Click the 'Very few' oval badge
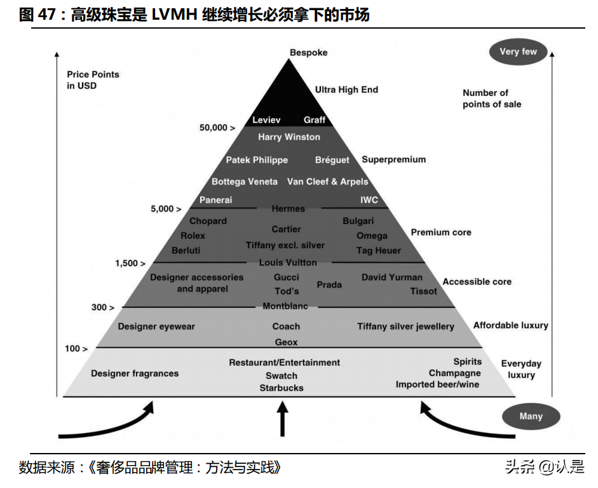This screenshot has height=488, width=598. (x=518, y=52)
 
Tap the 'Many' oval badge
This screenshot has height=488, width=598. (x=531, y=416)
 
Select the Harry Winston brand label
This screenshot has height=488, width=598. (x=289, y=137)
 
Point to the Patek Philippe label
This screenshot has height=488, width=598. (x=257, y=160)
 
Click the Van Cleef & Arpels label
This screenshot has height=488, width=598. (x=327, y=181)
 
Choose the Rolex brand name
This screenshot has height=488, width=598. (x=193, y=235)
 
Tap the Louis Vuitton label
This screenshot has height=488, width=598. (x=288, y=262)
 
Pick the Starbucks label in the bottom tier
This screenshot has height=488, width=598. (x=282, y=387)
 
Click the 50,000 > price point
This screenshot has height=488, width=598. (x=217, y=127)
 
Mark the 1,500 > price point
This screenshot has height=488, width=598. (x=130, y=263)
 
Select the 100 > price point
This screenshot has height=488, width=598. (x=76, y=348)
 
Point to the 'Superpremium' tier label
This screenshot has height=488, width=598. (x=393, y=159)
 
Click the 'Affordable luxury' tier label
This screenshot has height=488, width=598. (x=510, y=325)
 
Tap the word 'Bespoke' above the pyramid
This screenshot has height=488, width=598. (x=308, y=52)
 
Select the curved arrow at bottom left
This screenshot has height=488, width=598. (x=108, y=426)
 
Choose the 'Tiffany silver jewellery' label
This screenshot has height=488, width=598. (x=405, y=326)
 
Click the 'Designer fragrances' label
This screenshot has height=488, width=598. (x=135, y=373)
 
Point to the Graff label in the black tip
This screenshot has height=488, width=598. (x=315, y=120)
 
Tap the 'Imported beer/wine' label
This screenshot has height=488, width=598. (x=437, y=384)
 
